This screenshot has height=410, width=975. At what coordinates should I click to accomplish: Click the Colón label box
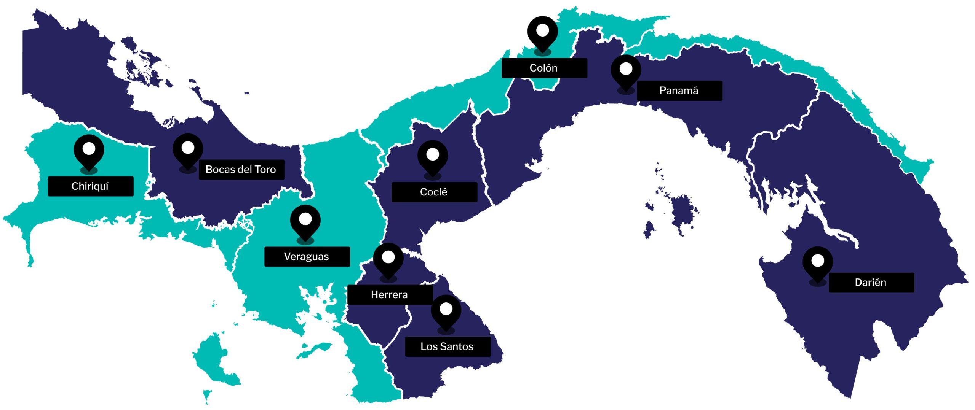pos(544,68)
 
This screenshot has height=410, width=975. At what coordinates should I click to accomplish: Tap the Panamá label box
pos(679,91)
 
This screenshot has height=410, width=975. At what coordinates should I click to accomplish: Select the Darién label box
pos(871,283)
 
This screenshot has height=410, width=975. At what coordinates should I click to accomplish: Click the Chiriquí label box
pos(91,186)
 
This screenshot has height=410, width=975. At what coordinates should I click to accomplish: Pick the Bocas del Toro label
pos(241,170)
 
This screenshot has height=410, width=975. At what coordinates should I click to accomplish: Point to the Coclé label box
pos(434,192)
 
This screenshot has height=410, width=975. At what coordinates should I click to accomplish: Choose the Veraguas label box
pos(307,257)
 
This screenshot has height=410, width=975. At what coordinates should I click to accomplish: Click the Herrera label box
pos(390,295)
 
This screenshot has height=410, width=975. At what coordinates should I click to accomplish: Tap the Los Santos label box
pos(448,346)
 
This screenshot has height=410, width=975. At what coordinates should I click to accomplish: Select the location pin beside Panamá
pos(626,71)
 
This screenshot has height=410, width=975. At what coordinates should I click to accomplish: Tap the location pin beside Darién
pos(817,262)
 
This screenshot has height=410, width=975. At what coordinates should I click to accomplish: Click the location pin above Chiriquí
pos(89,150)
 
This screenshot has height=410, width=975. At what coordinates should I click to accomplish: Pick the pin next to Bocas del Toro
pos(188,149)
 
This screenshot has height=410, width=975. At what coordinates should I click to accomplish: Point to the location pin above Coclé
pos(432,156)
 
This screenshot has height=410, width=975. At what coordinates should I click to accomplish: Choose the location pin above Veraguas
pos(305,221)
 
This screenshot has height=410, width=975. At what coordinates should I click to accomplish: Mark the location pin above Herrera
pos(388,259)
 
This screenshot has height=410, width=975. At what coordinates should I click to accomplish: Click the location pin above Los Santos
pos(446,310)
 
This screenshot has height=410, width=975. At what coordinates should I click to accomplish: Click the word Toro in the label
pos(265,170)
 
